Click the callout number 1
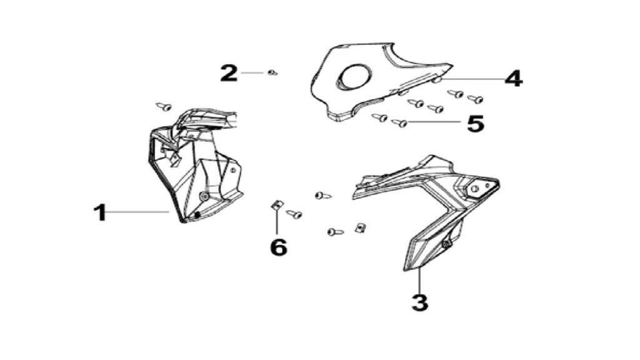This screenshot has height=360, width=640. click(x=100, y=212)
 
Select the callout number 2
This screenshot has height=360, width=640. click(x=229, y=73)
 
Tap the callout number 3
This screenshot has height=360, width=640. click(x=420, y=302)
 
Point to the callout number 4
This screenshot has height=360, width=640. click(x=514, y=78)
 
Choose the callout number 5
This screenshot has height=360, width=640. click(x=476, y=123)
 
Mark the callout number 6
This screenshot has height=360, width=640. click(x=279, y=247)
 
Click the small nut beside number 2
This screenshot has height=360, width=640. click(x=272, y=73)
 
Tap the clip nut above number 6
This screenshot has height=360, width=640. click(x=277, y=205)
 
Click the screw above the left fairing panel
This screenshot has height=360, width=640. click(x=164, y=107)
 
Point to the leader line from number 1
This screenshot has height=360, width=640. click(x=138, y=211)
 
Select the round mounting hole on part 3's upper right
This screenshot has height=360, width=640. click(x=475, y=189)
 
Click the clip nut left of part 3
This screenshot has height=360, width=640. click(x=360, y=227)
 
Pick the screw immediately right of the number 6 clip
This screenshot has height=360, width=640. click(x=294, y=214)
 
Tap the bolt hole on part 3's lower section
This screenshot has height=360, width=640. click(x=446, y=244)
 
